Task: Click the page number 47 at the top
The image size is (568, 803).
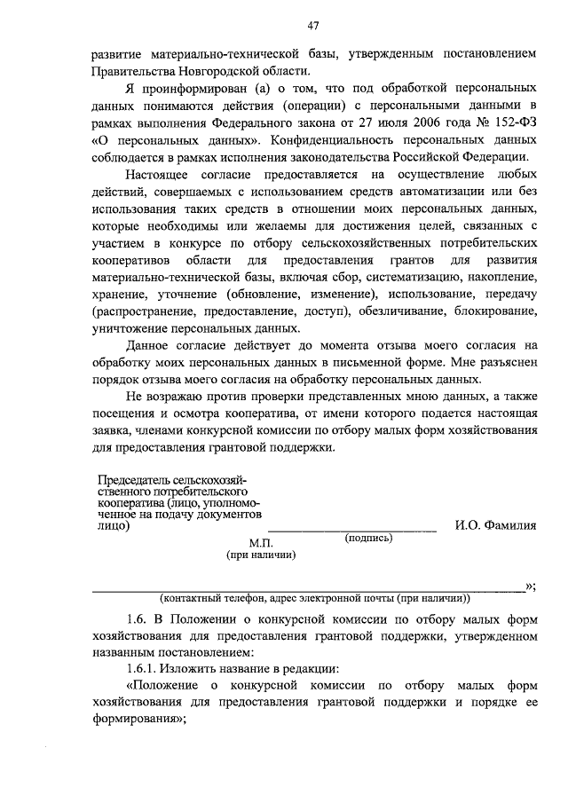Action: point(313,25)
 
